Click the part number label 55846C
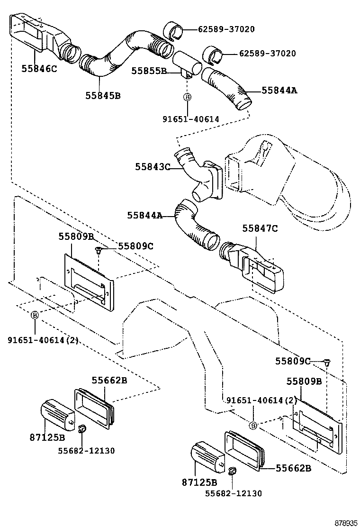[39, 69]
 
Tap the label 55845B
[103, 95]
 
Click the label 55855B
[149, 71]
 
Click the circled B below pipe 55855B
[187, 97]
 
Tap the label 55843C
[152, 167]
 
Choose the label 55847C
[260, 228]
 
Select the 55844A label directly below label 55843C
[144, 215]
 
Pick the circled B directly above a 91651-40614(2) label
[35, 316]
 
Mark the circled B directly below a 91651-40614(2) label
[253, 426]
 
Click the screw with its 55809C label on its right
[98, 250]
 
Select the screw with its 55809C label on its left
[326, 362]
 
